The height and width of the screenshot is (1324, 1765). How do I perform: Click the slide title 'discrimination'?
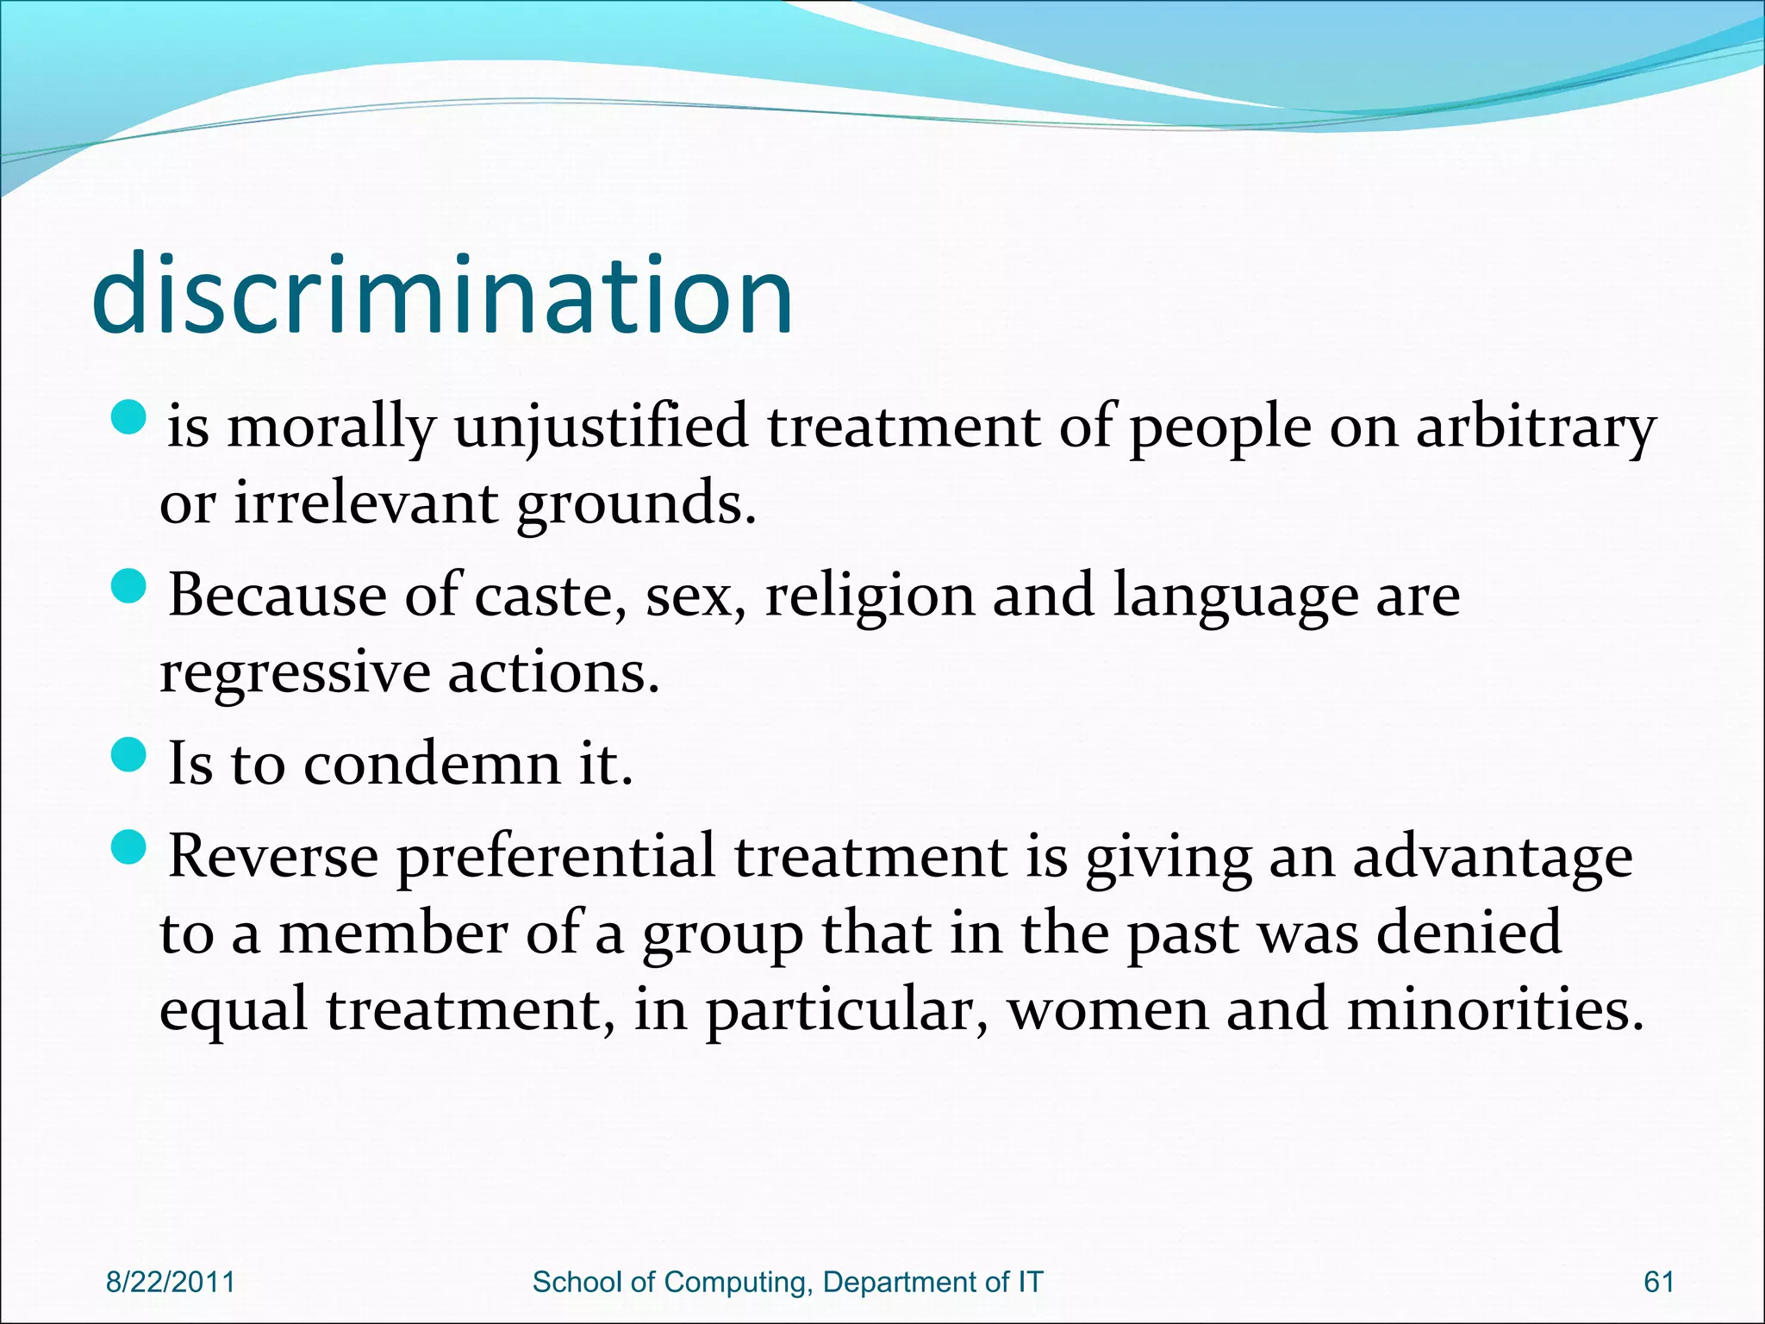441,295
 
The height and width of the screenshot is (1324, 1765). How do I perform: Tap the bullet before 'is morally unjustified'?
130,416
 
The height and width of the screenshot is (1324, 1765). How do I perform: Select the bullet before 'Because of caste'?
130,586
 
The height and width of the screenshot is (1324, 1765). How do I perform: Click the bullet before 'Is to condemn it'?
130,754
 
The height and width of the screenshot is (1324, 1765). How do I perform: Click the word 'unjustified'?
601,428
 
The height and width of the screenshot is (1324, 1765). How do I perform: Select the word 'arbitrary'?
1536,428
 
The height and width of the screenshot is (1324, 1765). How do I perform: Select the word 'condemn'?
432,764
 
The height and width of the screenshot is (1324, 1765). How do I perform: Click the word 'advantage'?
1492,857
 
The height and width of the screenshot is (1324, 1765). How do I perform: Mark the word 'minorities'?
1495,1009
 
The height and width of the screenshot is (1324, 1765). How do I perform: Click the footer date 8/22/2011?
171,1282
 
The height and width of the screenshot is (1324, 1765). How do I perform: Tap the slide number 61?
1659,1282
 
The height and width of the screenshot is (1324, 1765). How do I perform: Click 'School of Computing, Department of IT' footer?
788,1282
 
